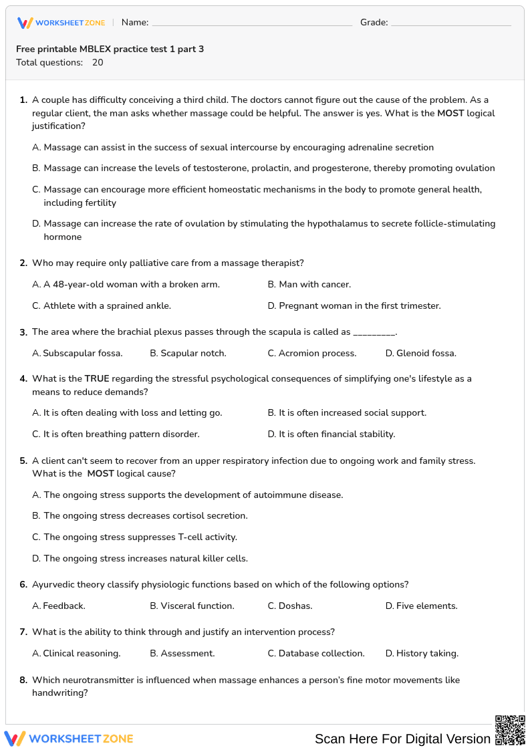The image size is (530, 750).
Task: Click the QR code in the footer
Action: click(x=510, y=730)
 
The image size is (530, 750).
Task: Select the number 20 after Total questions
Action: click(x=98, y=63)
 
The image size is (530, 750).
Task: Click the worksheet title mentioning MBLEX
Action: click(x=110, y=49)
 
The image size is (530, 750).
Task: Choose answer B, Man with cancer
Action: click(x=309, y=285)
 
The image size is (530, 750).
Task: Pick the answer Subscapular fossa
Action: click(x=78, y=353)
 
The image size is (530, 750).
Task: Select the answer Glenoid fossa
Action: click(x=421, y=353)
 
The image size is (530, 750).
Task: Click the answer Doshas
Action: click(x=290, y=606)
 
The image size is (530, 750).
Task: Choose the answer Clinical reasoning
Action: click(x=77, y=654)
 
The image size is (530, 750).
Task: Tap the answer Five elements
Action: click(x=422, y=606)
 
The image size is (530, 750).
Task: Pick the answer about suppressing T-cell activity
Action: click(x=135, y=537)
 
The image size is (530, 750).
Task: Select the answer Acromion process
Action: click(x=312, y=353)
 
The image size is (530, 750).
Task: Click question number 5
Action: click(x=23, y=461)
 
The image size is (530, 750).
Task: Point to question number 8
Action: click(x=23, y=680)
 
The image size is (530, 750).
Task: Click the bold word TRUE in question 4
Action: click(x=97, y=379)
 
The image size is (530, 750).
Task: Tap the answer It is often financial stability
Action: click(x=332, y=434)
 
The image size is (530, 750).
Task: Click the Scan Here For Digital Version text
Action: click(x=402, y=739)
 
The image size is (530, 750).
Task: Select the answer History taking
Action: click(x=422, y=654)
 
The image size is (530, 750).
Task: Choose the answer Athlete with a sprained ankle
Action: click(x=102, y=306)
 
